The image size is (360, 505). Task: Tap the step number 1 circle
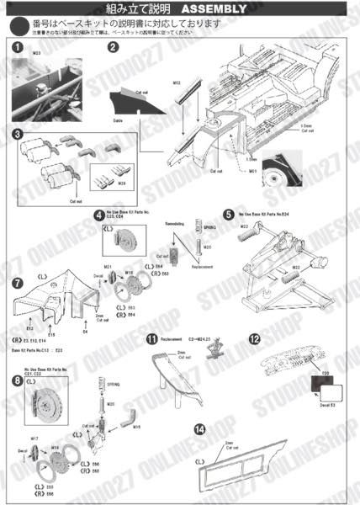(x=16, y=48)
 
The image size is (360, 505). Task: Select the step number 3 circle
(x=16, y=133)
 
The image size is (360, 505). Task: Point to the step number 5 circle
(x=229, y=215)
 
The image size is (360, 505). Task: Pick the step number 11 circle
(x=151, y=339)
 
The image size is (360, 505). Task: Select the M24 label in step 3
(x=121, y=183)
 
